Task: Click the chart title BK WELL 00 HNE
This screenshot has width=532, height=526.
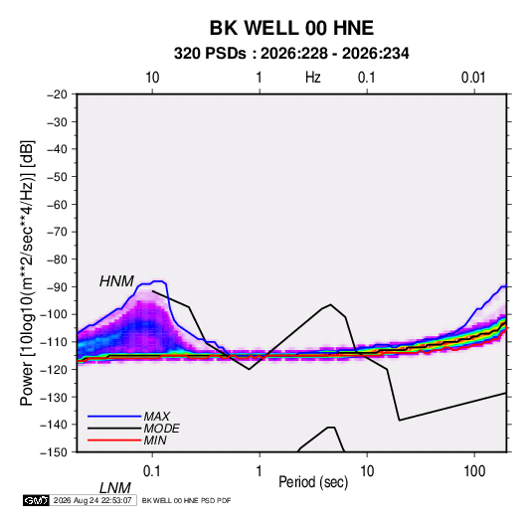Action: (291, 28)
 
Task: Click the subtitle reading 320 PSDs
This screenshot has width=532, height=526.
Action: (210, 54)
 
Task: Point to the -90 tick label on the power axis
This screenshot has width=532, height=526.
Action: (57, 286)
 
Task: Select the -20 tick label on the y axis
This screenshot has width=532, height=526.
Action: (57, 94)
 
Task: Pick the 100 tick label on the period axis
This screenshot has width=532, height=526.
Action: (474, 471)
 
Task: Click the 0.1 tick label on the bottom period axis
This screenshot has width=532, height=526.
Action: (152, 471)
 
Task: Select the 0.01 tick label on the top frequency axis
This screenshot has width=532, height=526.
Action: (473, 78)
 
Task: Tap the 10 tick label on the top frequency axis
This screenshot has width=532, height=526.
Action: (152, 78)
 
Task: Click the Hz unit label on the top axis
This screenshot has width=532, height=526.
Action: (313, 78)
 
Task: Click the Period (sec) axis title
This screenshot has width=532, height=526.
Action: (313, 482)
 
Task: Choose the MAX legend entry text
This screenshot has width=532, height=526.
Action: (157, 416)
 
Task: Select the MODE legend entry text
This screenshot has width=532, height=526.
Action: (161, 429)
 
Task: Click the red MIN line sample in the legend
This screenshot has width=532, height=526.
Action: (114, 440)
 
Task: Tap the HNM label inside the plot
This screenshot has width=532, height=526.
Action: (116, 281)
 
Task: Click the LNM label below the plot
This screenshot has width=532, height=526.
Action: (115, 488)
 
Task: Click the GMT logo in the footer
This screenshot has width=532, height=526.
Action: (37, 500)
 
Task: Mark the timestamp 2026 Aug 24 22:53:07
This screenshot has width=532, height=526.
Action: (92, 500)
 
